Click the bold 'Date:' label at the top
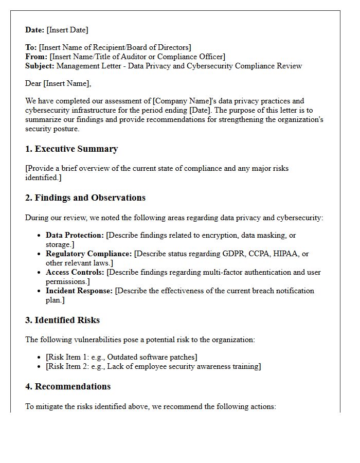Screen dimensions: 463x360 34,30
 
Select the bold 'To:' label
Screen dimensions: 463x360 31,47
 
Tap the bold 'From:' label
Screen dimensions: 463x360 36,57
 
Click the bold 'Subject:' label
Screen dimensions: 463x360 40,66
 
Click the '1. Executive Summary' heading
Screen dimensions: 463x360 71,149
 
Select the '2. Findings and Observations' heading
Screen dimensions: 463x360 85,198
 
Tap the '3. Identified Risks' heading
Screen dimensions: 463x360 62,320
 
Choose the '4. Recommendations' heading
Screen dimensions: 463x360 68,387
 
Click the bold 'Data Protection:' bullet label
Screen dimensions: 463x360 75,235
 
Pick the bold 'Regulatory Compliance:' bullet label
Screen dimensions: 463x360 88,254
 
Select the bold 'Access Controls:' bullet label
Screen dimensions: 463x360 75,272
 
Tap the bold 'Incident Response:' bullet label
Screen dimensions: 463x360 79,291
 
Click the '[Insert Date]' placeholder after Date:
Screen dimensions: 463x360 67,30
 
